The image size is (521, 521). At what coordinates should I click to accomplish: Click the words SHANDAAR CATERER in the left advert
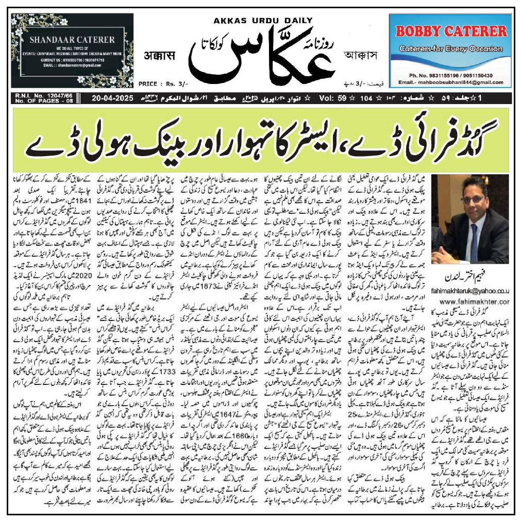pos(72,39)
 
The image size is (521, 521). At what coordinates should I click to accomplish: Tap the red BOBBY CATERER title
pos(451,31)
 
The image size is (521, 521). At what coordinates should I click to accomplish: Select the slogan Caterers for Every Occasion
pos(450,49)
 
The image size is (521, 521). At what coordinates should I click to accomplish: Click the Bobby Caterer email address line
pos(450,82)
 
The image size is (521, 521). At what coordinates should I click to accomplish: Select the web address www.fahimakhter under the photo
pos(474,301)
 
